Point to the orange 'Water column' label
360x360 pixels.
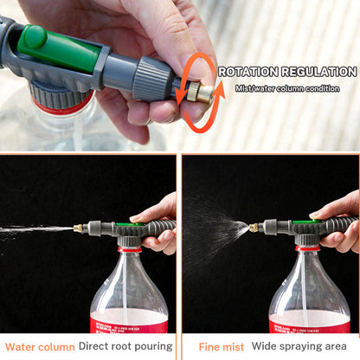[x=39, y=347]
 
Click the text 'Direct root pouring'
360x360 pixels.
[x=125, y=347]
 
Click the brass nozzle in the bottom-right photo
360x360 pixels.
[x=255, y=227]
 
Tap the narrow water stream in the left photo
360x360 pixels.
[x=35, y=229]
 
